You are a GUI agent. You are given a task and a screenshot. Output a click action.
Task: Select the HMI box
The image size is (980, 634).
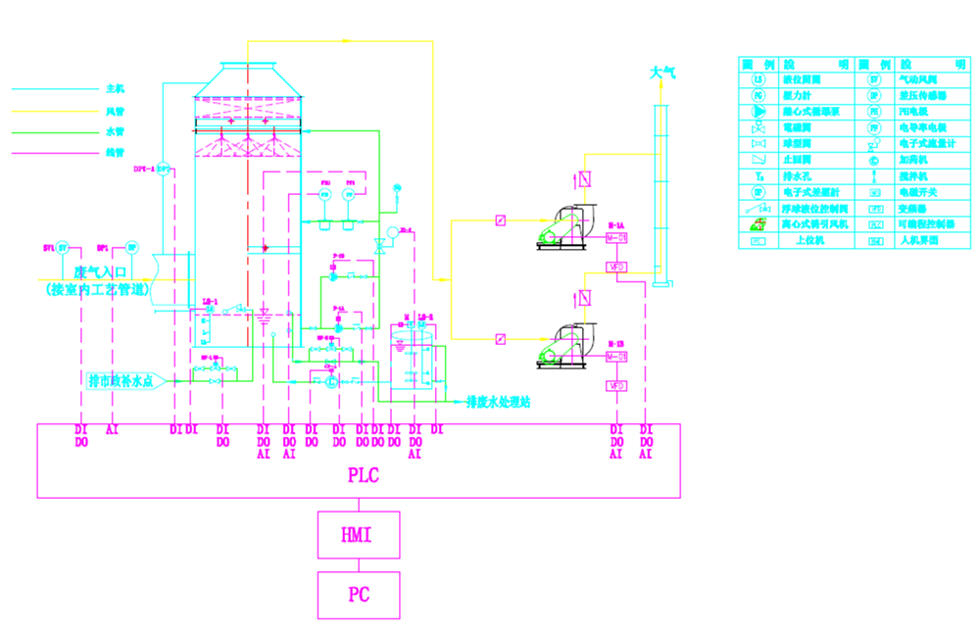358,535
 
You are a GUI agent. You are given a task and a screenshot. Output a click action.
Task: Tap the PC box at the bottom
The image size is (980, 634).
358,595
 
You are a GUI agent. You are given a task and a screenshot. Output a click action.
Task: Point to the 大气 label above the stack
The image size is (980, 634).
663,73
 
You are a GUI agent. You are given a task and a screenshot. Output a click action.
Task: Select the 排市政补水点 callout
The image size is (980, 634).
122,380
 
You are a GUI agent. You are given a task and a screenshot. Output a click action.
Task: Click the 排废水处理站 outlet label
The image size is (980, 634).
498,402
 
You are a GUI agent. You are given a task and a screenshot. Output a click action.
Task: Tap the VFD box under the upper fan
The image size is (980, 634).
616,267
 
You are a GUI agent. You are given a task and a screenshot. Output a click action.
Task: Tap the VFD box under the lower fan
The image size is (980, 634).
616,386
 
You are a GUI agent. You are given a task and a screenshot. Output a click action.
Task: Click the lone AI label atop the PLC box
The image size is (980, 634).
112,429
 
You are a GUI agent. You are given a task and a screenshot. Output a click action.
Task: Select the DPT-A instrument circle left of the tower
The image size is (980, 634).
164,170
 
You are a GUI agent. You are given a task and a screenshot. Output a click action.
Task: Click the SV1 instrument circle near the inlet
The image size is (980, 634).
63,247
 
